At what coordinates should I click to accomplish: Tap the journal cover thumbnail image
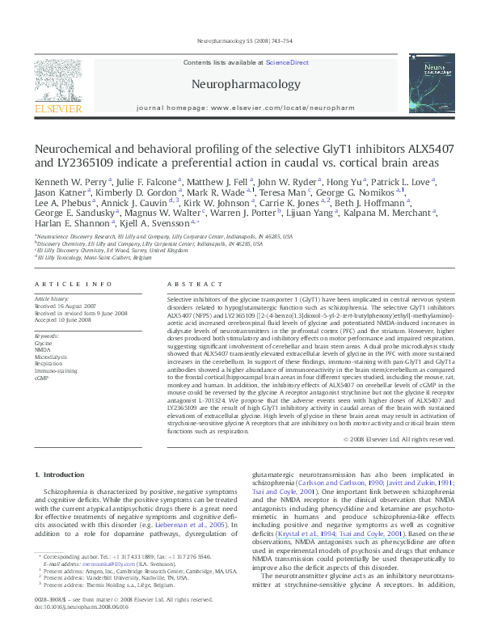click(432, 81)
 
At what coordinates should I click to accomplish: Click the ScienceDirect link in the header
click(287, 62)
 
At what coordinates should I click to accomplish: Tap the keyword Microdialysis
click(50, 357)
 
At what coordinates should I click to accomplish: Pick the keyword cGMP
click(41, 378)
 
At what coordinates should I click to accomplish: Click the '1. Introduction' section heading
click(61, 474)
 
